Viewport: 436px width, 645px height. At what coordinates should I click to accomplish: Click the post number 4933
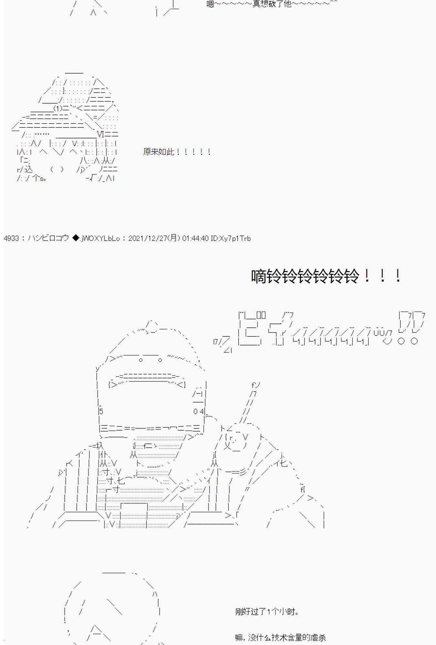[x=11, y=238]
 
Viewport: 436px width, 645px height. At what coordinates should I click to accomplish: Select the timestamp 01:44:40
[x=195, y=238]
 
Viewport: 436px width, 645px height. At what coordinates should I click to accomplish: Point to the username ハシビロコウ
[x=48, y=238]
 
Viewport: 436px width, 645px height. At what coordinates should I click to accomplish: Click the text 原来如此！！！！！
[x=177, y=152]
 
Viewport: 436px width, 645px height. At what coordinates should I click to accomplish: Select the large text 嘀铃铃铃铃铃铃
[x=305, y=276]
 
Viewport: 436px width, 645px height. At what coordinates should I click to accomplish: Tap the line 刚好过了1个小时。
[x=267, y=611]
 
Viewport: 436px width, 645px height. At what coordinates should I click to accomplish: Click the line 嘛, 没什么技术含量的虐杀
[x=280, y=637]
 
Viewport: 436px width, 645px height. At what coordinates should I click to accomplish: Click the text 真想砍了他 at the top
[x=272, y=4]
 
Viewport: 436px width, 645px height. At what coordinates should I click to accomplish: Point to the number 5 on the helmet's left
[x=101, y=412]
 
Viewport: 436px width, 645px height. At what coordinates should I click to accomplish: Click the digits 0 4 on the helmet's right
[x=198, y=412]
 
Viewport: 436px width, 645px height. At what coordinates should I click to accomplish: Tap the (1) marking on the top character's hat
[x=57, y=108]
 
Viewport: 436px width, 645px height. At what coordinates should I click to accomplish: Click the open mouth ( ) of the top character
[x=57, y=169]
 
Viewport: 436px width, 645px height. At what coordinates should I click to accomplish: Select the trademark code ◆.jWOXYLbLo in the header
[x=96, y=238]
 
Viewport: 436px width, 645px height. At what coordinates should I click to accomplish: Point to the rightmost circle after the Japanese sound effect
[x=414, y=341]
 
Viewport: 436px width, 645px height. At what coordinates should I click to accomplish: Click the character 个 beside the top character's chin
[x=36, y=178]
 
